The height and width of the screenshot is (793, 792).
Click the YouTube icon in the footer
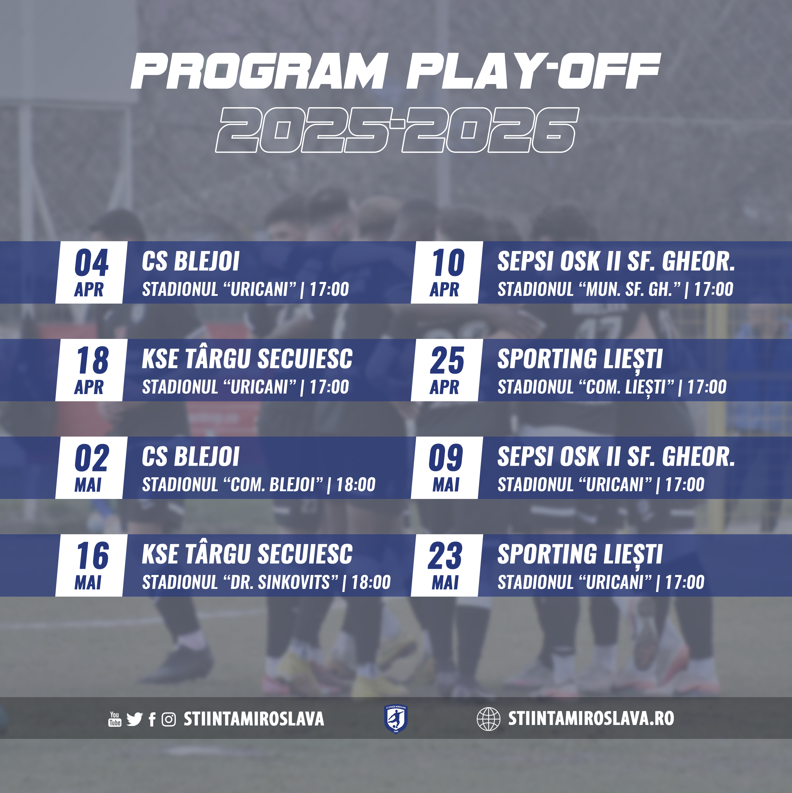(x=114, y=719)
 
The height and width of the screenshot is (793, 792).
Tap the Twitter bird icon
(x=134, y=719)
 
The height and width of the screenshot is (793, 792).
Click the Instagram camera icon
(x=169, y=719)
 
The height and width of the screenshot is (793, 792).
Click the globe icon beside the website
(x=489, y=719)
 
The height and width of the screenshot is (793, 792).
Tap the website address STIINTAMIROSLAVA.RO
(x=591, y=718)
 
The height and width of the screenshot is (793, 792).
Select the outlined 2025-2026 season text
(x=397, y=130)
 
